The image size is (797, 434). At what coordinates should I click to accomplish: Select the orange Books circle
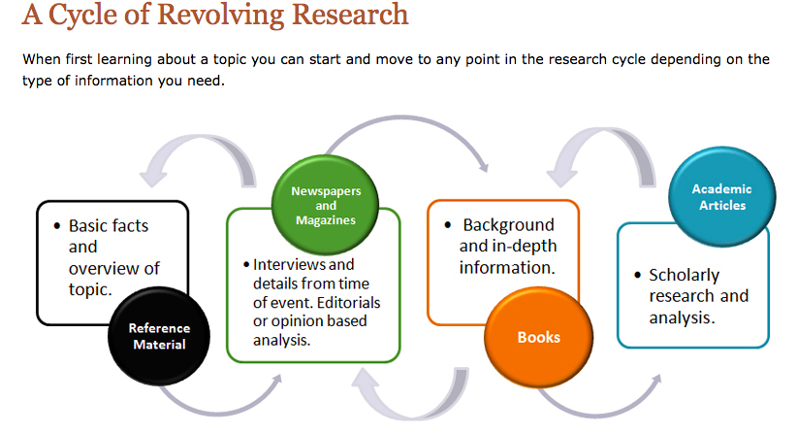(538, 336)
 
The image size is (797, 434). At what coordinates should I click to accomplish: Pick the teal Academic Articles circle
(721, 196)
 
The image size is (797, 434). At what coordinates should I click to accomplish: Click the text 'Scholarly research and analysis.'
(698, 295)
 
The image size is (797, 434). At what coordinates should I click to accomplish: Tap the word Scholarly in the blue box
(684, 275)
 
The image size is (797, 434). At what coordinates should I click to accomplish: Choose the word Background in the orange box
(509, 224)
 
